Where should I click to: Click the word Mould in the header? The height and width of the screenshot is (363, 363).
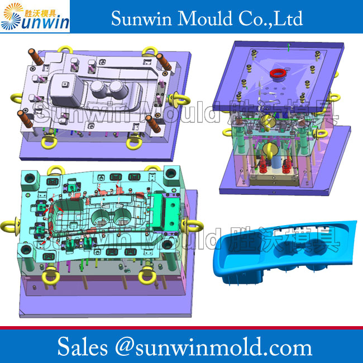coord(204,18)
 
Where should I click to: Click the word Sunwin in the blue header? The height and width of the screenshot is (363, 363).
coord(141,18)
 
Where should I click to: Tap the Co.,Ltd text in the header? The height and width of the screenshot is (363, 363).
coord(270,18)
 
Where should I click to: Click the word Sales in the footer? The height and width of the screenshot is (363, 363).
coord(83,347)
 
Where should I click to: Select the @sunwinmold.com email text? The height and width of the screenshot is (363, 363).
coord(213,347)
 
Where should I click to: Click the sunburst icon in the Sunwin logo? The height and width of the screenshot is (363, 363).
coord(12,16)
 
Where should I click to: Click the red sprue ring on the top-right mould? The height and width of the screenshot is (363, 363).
coord(278,73)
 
